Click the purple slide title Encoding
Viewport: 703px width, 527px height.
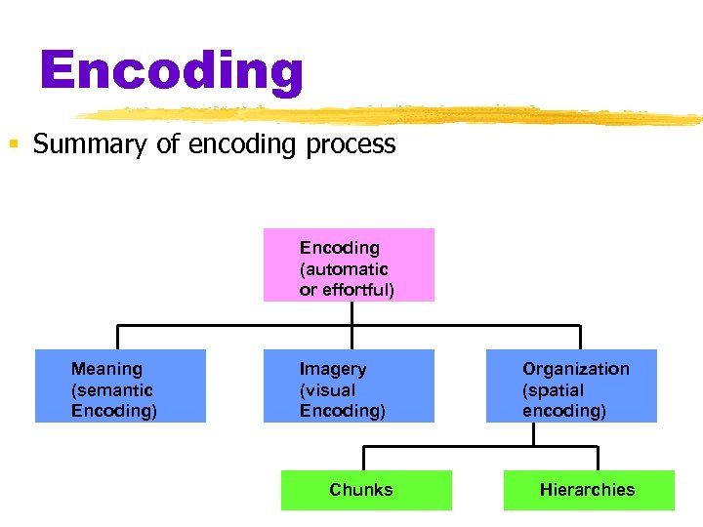coord(172,70)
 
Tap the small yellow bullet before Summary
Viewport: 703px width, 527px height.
coord(14,145)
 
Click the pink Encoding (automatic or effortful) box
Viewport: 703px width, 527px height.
coord(349,264)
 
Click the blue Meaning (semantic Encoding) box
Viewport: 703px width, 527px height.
coord(120,385)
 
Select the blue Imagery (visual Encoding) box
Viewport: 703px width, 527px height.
coord(349,385)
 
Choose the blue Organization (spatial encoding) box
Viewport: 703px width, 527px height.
coord(571,385)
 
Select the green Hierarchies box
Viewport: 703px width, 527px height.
coord(589,490)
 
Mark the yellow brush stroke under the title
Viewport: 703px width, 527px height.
coord(391,114)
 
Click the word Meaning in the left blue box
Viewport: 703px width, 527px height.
coord(106,369)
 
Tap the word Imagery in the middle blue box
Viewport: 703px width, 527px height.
coord(333,369)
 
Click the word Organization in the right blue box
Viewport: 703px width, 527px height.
coord(576,369)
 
